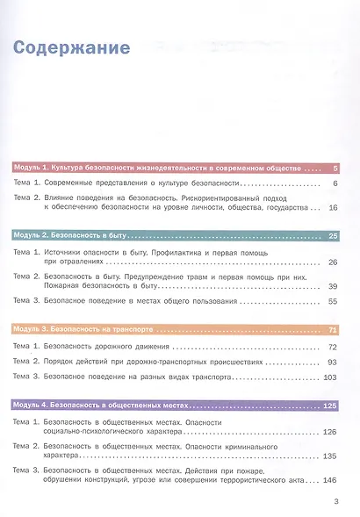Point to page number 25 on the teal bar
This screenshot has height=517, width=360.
pos(332,235)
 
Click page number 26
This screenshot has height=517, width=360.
pos(332,262)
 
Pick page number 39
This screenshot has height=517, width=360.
pos(332,286)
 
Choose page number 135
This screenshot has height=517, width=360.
pos(330,456)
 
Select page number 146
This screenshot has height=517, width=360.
pos(330,481)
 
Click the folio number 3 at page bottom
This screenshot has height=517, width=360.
pos(336,502)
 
